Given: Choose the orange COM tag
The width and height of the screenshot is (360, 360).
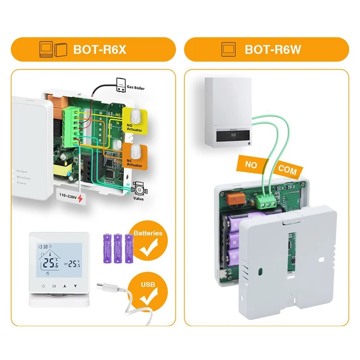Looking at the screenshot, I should coord(287,169).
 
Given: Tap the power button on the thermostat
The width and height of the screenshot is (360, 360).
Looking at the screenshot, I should coord(43,286).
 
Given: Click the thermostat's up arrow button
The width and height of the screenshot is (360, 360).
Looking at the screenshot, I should coord(64,286).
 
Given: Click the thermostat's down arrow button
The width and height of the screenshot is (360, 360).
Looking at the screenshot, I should coord(76,286).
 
